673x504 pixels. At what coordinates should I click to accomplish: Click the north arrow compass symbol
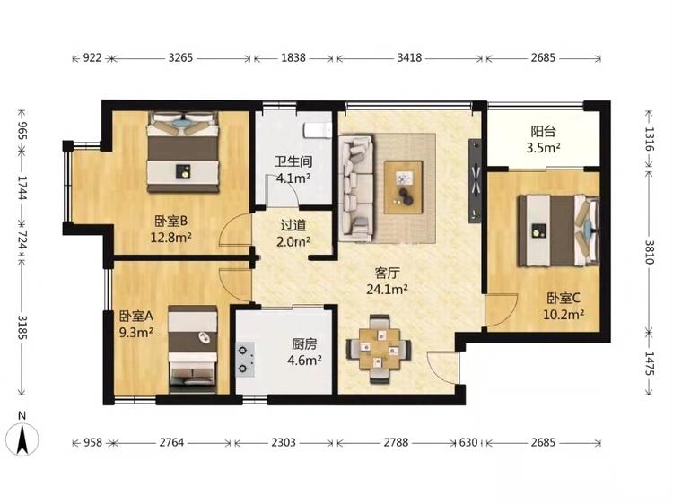pyautogui.click(x=22, y=439)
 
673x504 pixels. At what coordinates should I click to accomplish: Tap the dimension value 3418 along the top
pyautogui.click(x=409, y=57)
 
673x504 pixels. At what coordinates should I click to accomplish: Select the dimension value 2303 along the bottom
pyautogui.click(x=284, y=442)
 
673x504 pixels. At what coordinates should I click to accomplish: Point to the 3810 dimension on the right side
pyautogui.click(x=650, y=251)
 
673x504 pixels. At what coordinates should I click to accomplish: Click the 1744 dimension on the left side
pyautogui.click(x=23, y=187)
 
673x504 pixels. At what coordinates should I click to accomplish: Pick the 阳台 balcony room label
pyautogui.click(x=543, y=131)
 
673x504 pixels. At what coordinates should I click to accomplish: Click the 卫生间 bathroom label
pyautogui.click(x=293, y=161)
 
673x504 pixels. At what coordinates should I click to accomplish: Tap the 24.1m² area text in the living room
pyautogui.click(x=387, y=289)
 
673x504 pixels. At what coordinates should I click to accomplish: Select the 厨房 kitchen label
pyautogui.click(x=304, y=344)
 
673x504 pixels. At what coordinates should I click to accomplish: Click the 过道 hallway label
pyautogui.click(x=293, y=225)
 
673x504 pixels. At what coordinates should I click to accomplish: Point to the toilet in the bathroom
pyautogui.click(x=318, y=130)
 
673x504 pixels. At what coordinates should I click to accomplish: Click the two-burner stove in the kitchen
pyautogui.click(x=245, y=360)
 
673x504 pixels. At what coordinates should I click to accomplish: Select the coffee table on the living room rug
pyautogui.click(x=404, y=187)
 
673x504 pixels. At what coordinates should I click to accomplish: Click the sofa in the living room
pyautogui.click(x=356, y=187)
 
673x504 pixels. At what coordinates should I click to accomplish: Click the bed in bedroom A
pyautogui.click(x=192, y=349)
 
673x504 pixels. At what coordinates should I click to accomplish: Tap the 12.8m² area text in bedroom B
pyautogui.click(x=170, y=237)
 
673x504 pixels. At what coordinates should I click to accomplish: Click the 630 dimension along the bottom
pyautogui.click(x=468, y=442)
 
